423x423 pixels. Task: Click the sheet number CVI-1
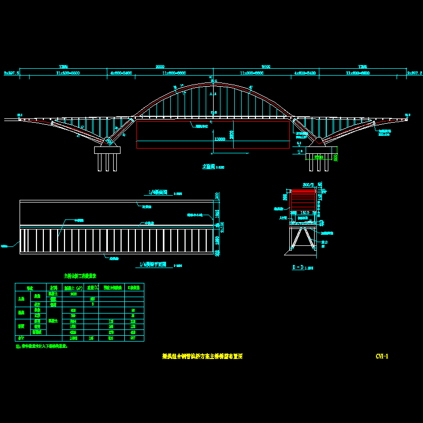tap(382, 356)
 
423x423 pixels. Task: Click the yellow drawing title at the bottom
tap(202, 356)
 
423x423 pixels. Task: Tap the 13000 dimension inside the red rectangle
tap(220, 139)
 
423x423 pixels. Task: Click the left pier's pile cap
tap(107, 150)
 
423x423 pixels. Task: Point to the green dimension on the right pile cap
tap(318, 157)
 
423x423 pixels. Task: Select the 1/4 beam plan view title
tap(154, 264)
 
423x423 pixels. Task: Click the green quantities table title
tap(80, 276)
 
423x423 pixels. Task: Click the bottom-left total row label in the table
tap(21, 337)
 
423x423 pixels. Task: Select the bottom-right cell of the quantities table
tap(134, 337)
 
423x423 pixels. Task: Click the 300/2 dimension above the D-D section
tap(308, 185)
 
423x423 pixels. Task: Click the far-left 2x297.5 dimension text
tap(11, 73)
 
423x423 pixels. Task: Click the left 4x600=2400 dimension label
tap(121, 73)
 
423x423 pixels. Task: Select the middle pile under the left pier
tap(107, 162)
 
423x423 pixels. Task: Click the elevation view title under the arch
tap(209, 166)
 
